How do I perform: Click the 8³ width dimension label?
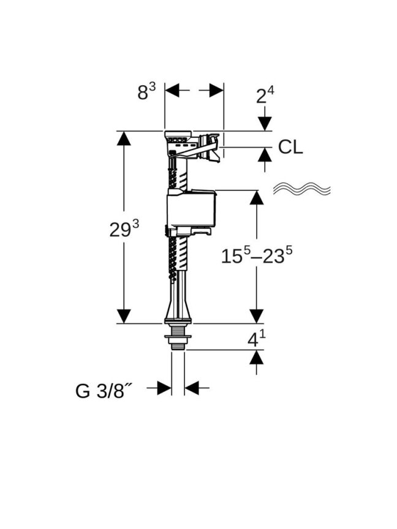pyautogui.click(x=146, y=91)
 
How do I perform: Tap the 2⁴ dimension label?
pyautogui.click(x=265, y=95)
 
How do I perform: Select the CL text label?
pyautogui.click(x=290, y=147)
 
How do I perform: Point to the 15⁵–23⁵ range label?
pyautogui.click(x=257, y=255)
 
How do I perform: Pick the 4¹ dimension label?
pyautogui.click(x=256, y=339)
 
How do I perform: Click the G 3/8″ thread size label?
pyautogui.click(x=104, y=391)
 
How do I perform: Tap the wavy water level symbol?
pyautogui.click(x=301, y=189)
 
